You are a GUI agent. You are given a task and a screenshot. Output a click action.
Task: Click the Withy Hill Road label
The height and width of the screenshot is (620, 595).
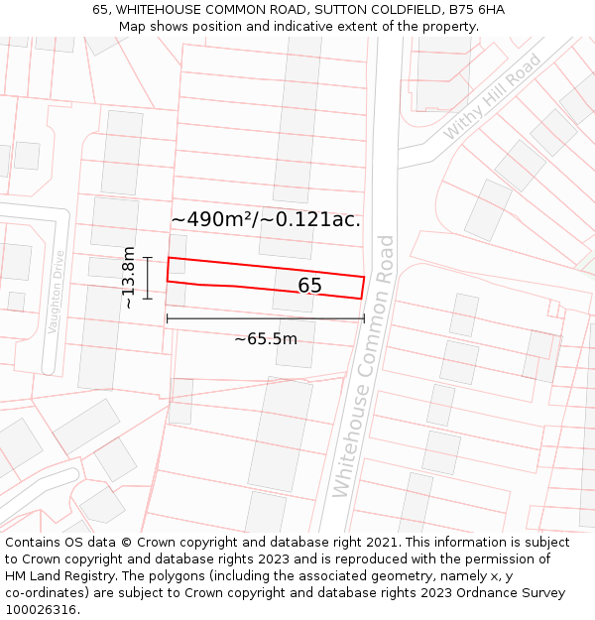coord(492,96)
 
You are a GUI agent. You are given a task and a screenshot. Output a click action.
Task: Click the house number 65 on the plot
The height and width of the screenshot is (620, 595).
coord(309,286)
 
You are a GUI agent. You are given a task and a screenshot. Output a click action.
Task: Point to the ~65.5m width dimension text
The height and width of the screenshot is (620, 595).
coord(265,339)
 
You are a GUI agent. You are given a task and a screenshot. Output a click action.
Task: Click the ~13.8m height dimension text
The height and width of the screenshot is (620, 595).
coord(129,278)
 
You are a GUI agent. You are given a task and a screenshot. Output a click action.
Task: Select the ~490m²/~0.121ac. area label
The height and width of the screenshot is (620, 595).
coord(266,219)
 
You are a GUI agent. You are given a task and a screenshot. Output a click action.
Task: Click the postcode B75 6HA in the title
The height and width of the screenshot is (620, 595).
coord(476,10)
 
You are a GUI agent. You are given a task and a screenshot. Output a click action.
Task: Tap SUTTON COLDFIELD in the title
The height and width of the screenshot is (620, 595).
coord(374,10)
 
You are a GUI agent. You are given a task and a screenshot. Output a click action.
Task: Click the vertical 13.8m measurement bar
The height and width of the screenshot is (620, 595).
coord(147,278)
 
